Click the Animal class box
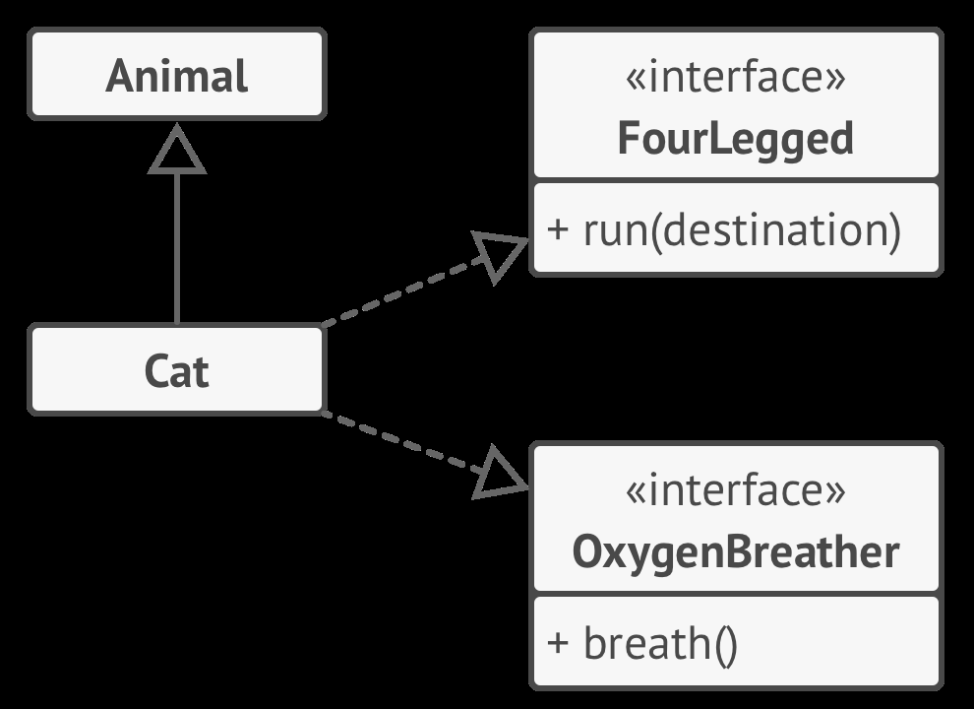coord(177,75)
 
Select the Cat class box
coord(177,370)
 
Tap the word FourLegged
coord(735,139)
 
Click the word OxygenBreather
coord(735,552)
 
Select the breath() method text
coord(659,644)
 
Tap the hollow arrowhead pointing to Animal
coord(177,151)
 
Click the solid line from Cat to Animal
coord(177,246)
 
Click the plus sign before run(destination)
coord(558,230)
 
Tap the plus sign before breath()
coord(558,644)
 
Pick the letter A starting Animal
coord(119,76)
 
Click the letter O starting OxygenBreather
coord(587,552)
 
